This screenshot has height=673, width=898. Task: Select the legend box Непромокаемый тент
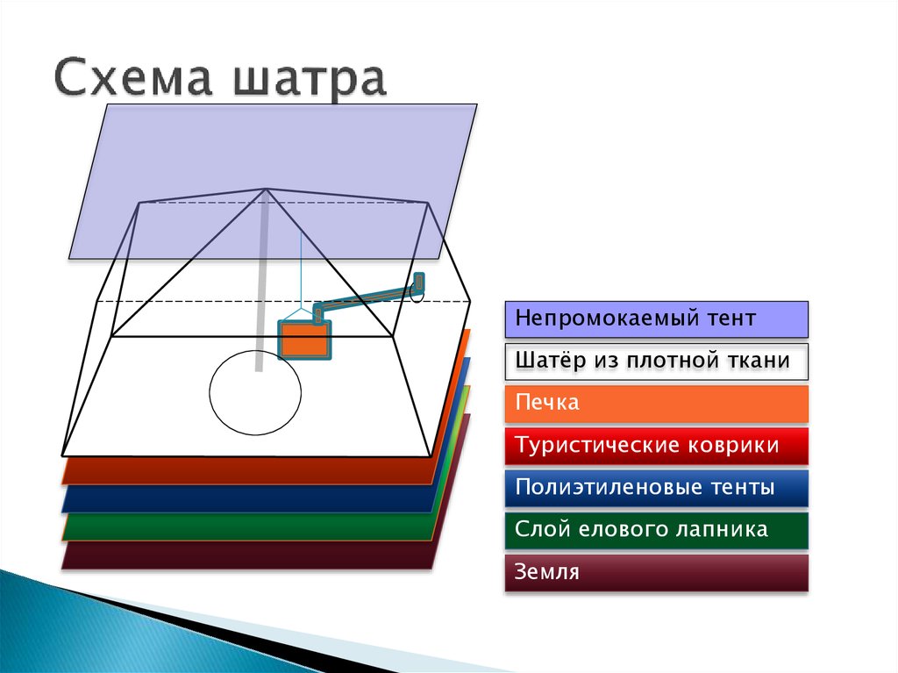(656, 319)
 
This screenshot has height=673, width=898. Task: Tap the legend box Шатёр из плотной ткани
(656, 362)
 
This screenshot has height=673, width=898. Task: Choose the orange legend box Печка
(656, 404)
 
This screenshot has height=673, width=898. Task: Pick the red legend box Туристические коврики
(656, 446)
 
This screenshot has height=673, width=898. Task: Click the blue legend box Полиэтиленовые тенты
(656, 488)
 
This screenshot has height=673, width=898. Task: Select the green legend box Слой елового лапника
(656, 530)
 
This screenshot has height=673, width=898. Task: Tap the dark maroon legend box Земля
(656, 572)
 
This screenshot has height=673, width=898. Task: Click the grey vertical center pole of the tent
(261, 290)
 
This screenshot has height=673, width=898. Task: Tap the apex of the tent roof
(267, 189)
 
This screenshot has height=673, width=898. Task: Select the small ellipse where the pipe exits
(417, 292)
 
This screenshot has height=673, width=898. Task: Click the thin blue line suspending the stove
(301, 263)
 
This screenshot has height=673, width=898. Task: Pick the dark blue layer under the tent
(246, 500)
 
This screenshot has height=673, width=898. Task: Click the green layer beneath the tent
(246, 528)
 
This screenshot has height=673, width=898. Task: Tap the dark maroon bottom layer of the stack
(246, 556)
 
